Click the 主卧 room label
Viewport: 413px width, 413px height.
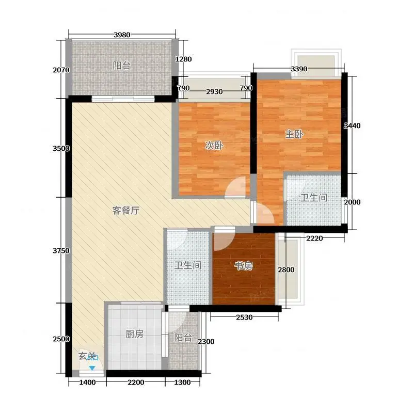(x=294, y=134)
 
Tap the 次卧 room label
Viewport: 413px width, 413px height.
(x=214, y=146)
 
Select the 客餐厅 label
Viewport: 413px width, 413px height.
(x=126, y=211)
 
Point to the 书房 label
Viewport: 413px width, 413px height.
(x=244, y=266)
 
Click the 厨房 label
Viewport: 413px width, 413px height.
(x=134, y=334)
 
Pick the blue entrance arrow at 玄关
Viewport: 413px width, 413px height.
(x=92, y=368)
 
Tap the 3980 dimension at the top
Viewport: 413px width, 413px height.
(x=122, y=35)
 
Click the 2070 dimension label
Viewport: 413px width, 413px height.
(x=61, y=70)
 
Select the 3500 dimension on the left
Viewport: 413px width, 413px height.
(x=61, y=149)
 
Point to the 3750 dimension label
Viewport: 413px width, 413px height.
(x=61, y=251)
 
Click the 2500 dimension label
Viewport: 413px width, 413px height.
(x=61, y=339)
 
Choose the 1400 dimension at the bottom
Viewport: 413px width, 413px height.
(x=87, y=382)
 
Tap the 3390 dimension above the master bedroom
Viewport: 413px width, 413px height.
(x=299, y=69)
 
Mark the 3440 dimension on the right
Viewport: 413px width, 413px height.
(x=352, y=126)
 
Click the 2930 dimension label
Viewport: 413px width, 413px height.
(x=214, y=92)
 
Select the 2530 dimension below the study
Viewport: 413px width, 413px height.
(x=244, y=317)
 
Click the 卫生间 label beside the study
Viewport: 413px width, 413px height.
(x=188, y=265)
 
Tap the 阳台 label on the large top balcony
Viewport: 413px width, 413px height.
(x=122, y=66)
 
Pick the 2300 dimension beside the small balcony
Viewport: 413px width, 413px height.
(x=206, y=342)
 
